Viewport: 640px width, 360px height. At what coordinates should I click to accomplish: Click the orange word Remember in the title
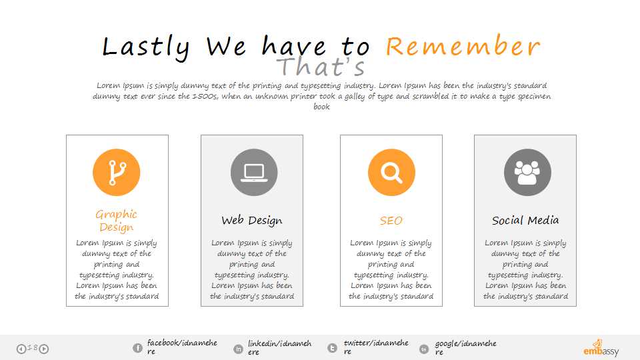tap(463, 46)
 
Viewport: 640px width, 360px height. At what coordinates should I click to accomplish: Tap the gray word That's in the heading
tap(321, 67)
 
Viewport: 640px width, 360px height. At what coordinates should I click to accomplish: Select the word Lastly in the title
tap(146, 47)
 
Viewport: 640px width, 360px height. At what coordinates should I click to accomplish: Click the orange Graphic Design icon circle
tap(116, 172)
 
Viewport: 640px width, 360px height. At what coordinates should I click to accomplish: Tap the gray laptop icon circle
tap(254, 172)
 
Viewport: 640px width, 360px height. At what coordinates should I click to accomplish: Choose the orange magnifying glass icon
tap(391, 172)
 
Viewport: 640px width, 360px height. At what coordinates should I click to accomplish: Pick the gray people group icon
tap(527, 172)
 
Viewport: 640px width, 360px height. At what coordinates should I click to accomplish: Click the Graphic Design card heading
tap(116, 221)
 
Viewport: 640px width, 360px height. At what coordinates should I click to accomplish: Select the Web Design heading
tap(252, 221)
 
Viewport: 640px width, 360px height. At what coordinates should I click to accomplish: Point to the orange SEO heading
tap(391, 221)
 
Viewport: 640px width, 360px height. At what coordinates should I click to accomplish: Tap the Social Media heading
tap(525, 221)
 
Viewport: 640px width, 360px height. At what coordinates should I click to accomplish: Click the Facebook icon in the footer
tap(137, 348)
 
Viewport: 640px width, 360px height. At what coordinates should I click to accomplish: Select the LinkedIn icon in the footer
tap(238, 349)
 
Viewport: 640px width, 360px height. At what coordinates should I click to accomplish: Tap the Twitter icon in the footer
tap(332, 348)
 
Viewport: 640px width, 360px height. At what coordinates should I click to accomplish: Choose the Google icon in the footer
tap(424, 349)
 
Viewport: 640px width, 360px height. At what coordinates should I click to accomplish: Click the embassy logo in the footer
tap(601, 348)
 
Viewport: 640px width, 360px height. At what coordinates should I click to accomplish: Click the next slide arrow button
tap(44, 349)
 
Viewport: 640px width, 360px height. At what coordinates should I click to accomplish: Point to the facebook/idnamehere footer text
tap(182, 347)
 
